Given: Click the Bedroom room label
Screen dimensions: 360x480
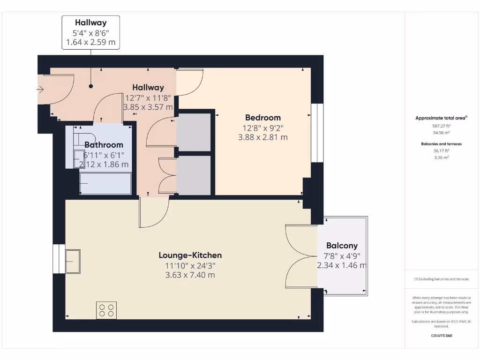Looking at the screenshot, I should click(x=263, y=118).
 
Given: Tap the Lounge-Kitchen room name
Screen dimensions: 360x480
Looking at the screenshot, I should click(x=190, y=255).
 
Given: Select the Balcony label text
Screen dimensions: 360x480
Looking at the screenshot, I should click(x=342, y=246).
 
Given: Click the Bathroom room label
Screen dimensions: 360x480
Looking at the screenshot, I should click(x=104, y=145).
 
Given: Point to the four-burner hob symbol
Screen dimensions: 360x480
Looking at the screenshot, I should click(x=106, y=310).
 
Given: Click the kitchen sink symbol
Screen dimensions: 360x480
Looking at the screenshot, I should click(x=73, y=258).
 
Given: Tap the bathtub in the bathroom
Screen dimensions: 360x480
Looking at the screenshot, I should click(x=105, y=183).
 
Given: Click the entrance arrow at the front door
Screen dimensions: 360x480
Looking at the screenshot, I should click(x=40, y=89).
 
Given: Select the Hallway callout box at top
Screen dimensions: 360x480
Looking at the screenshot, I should click(x=91, y=32).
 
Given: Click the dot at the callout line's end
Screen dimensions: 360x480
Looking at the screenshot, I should click(x=91, y=86).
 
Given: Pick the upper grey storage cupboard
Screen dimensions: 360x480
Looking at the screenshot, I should click(x=194, y=132).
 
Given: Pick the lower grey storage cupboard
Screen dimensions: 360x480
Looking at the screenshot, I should click(x=194, y=175).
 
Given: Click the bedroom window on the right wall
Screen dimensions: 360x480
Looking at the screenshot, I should click(x=317, y=133).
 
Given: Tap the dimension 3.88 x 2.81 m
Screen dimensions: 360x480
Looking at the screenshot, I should click(x=263, y=137).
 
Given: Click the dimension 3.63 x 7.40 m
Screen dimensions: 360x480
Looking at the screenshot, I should click(x=190, y=275).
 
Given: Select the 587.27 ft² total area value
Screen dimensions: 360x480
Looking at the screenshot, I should click(x=441, y=126).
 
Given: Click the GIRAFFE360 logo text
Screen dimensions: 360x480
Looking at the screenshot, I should click(x=441, y=336).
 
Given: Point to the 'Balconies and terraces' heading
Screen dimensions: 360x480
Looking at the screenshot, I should click(x=441, y=144).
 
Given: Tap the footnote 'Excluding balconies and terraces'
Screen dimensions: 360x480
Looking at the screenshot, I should click(x=441, y=279).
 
